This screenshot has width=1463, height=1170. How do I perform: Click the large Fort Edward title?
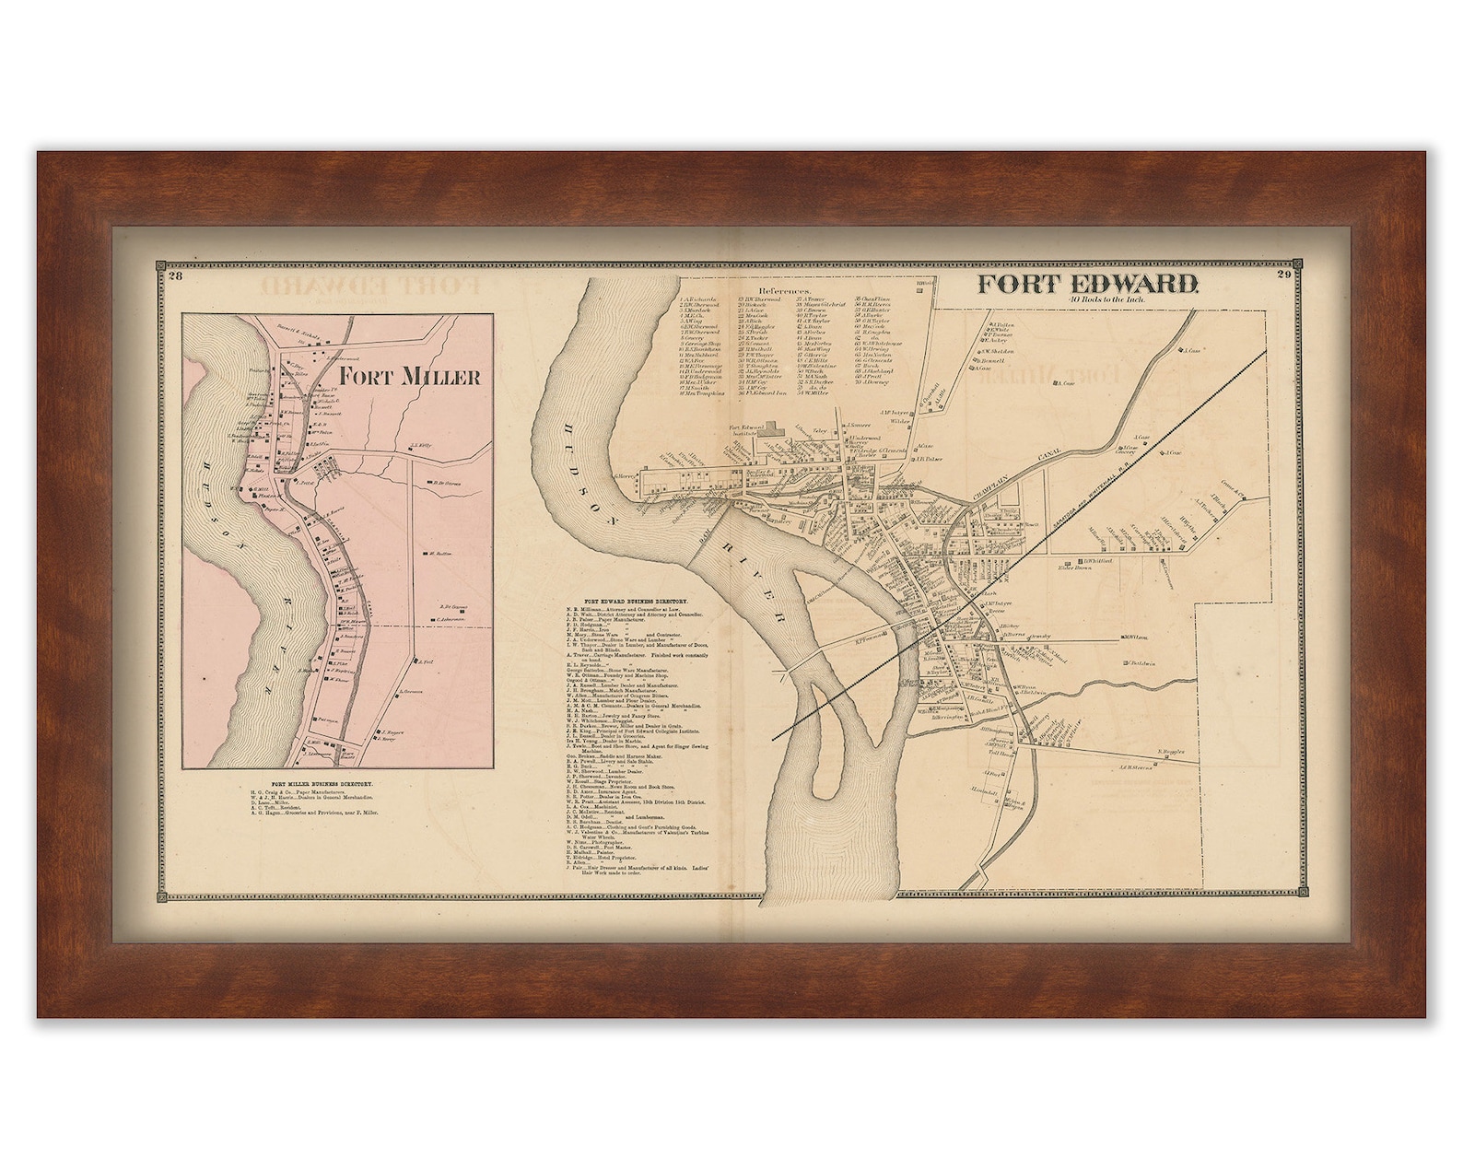1087,284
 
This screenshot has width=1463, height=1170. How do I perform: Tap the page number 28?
173,274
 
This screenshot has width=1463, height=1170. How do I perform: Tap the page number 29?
1283,273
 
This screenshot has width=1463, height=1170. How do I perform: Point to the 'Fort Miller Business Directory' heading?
315,784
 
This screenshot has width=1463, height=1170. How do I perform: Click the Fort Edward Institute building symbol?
770,429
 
